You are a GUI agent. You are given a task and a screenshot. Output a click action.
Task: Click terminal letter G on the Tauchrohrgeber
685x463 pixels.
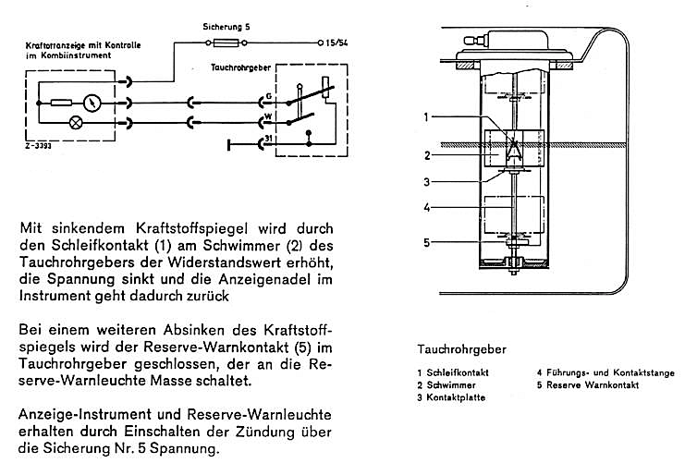268,96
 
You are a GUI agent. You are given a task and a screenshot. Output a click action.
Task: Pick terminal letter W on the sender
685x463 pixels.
268,117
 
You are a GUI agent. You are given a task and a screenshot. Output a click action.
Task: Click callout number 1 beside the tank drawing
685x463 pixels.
426,117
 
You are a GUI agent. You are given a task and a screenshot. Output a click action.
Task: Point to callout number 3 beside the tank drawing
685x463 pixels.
426,181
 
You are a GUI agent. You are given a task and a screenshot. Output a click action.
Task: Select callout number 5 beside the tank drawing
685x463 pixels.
426,243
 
